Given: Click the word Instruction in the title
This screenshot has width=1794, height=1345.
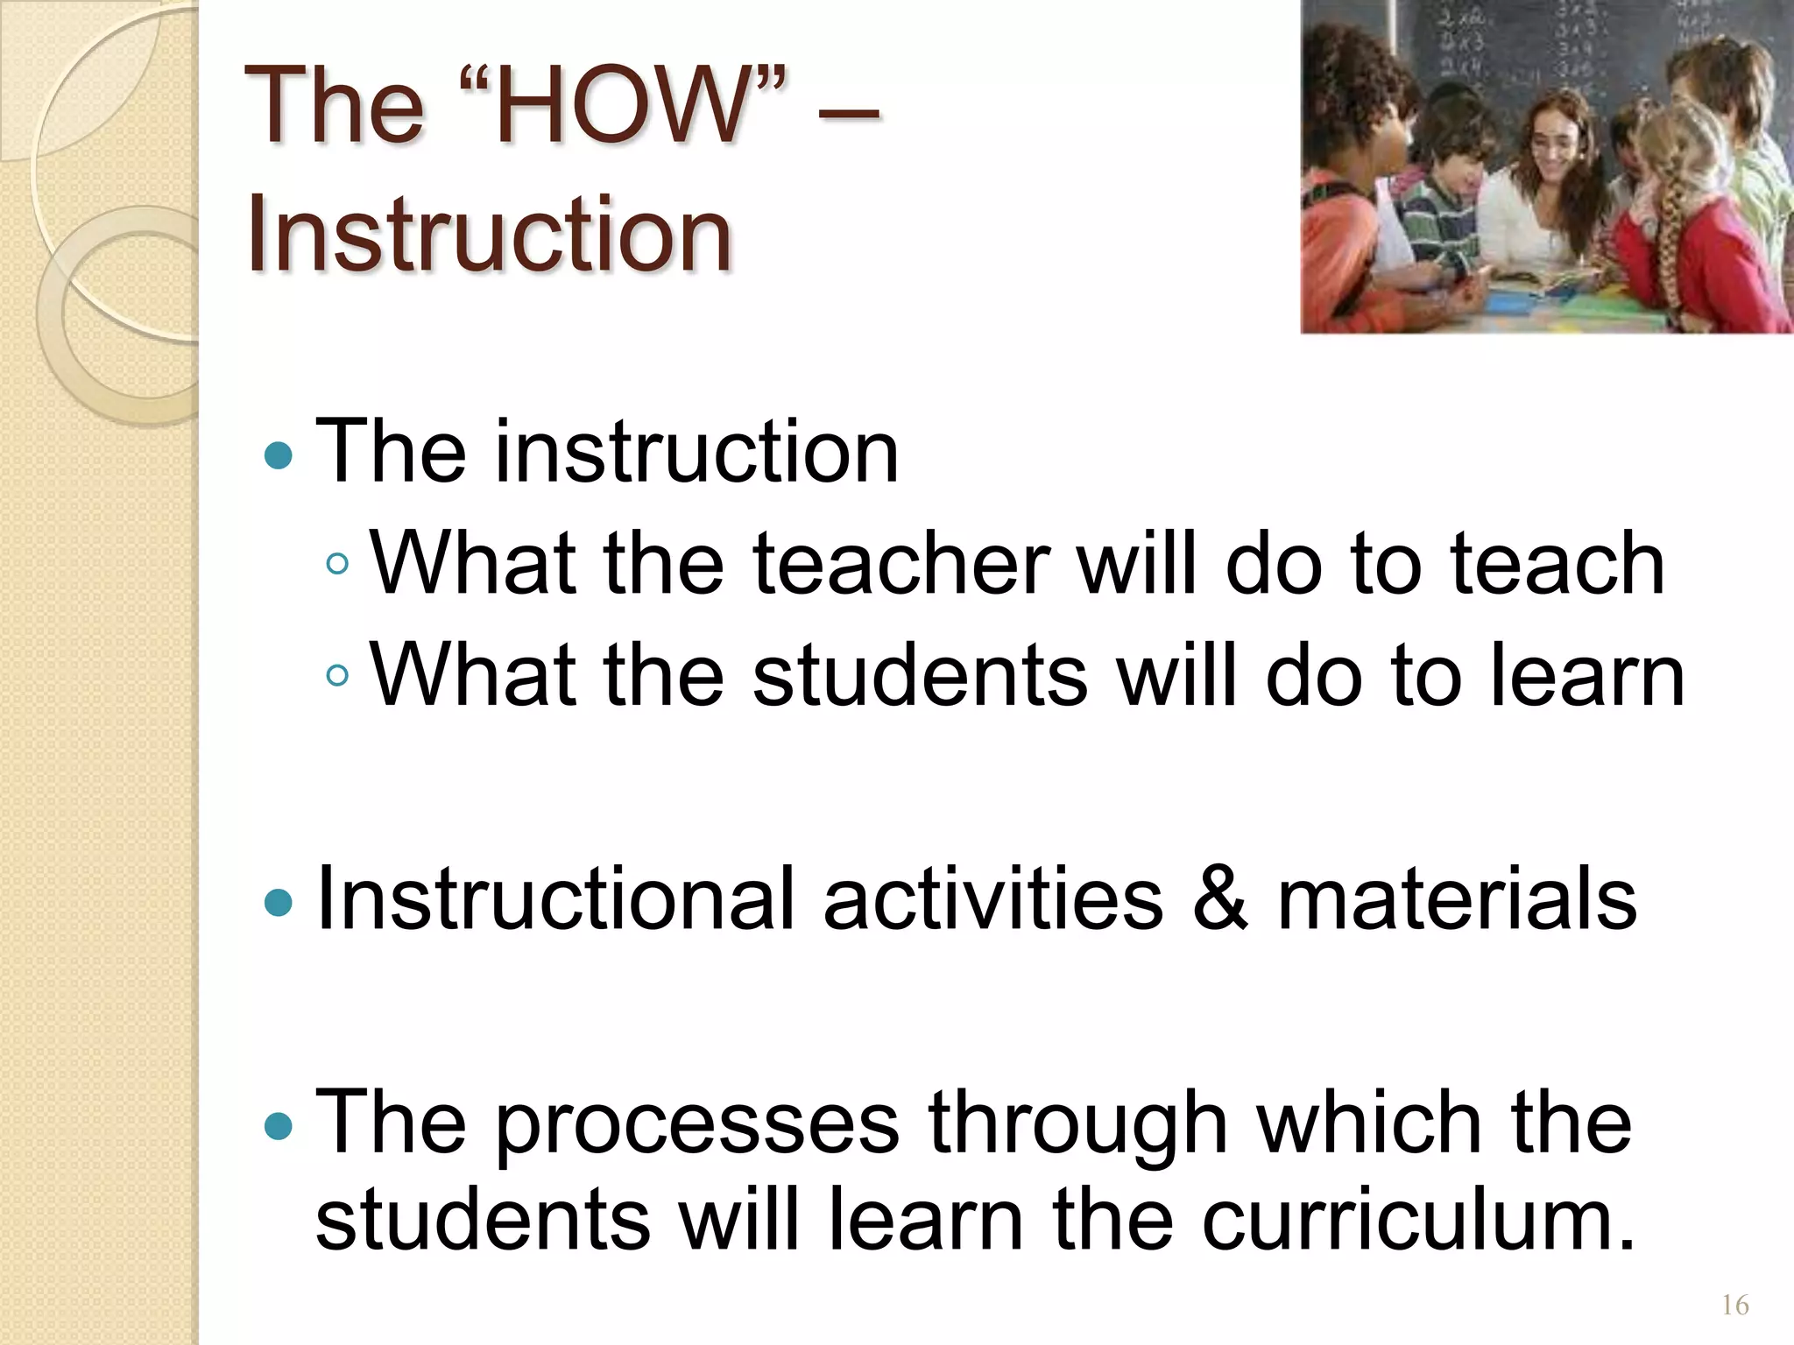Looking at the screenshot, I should click(489, 234).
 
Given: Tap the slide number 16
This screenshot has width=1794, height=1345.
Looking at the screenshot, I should click(1734, 1306).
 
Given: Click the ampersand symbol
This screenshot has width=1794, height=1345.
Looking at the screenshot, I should click(1218, 898).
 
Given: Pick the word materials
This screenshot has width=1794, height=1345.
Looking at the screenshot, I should click(1457, 898).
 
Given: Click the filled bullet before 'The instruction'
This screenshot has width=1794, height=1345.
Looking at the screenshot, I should click(278, 455).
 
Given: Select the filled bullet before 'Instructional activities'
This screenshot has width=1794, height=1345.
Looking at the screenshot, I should click(278, 902).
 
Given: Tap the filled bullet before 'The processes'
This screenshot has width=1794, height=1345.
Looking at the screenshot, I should click(278, 1126).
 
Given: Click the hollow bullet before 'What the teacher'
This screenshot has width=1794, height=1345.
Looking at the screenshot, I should click(336, 565).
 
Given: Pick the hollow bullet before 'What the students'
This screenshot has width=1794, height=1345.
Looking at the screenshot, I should click(336, 676).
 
